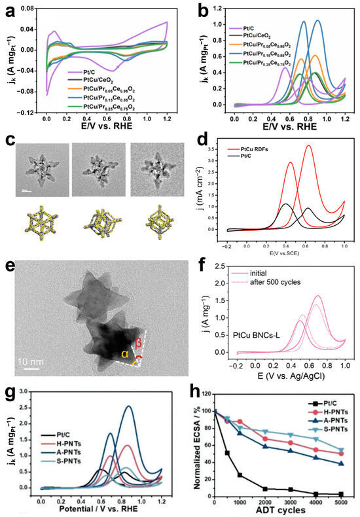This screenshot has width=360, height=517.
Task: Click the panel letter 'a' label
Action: click(x=8, y=8)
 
